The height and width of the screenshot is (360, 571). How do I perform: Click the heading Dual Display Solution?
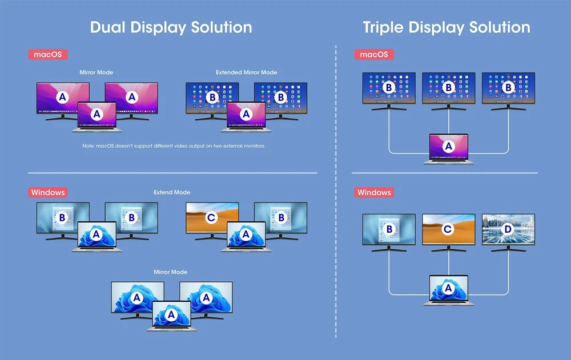(171, 27)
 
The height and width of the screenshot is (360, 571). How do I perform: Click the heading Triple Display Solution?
(447, 27)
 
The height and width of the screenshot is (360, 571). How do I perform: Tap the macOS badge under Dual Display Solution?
(48, 54)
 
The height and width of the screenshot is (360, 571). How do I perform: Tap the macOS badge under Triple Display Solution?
(374, 54)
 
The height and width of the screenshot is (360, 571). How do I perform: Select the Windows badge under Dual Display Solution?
(48, 192)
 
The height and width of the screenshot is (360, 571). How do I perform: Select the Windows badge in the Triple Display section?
(374, 192)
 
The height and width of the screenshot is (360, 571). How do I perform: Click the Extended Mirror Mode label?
(247, 72)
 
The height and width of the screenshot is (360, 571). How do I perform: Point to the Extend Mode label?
(172, 192)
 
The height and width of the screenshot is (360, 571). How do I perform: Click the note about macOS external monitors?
(174, 146)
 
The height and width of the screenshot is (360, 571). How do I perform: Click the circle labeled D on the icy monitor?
(508, 229)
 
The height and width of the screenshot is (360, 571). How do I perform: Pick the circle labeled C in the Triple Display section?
(448, 229)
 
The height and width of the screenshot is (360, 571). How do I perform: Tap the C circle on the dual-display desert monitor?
(211, 218)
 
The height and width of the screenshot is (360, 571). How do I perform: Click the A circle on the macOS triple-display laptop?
(448, 146)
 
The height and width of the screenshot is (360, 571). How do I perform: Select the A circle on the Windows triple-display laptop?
(448, 288)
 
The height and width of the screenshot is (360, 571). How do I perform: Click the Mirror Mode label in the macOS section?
(96, 72)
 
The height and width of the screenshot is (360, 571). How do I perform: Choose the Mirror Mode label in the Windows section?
(170, 272)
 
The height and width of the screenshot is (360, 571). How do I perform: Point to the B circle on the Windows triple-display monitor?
(389, 229)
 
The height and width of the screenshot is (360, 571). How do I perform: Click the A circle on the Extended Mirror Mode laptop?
(246, 114)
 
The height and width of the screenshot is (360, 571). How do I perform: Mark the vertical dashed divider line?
(336, 192)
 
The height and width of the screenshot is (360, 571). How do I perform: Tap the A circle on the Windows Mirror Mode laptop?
(171, 314)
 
